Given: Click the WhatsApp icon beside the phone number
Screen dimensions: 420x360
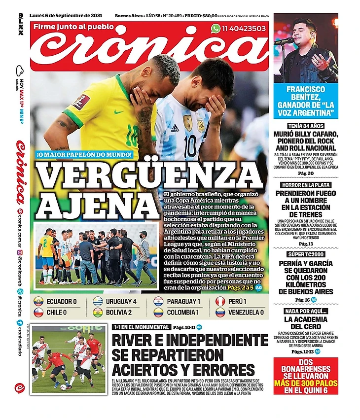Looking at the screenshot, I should point(216,29).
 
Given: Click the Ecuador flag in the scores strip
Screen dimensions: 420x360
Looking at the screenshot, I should point(38,301).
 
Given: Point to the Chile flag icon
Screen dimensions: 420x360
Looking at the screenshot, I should point(38,312).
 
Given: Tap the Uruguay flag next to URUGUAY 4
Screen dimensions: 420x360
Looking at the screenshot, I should point(98,301).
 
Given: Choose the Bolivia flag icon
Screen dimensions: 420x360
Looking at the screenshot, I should point(98,312).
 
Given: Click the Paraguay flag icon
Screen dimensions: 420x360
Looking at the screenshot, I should point(158,301).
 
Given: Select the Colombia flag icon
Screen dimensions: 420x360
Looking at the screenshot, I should point(158,312).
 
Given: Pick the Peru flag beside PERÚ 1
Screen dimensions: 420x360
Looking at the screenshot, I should point(220,301).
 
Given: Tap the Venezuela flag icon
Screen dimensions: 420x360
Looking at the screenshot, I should point(220,312).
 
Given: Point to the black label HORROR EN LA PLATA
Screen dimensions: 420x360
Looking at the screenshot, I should point(306,184).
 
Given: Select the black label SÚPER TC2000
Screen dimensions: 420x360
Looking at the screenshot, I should point(306,254).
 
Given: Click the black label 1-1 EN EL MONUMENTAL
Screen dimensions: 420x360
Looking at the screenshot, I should point(141,327).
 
